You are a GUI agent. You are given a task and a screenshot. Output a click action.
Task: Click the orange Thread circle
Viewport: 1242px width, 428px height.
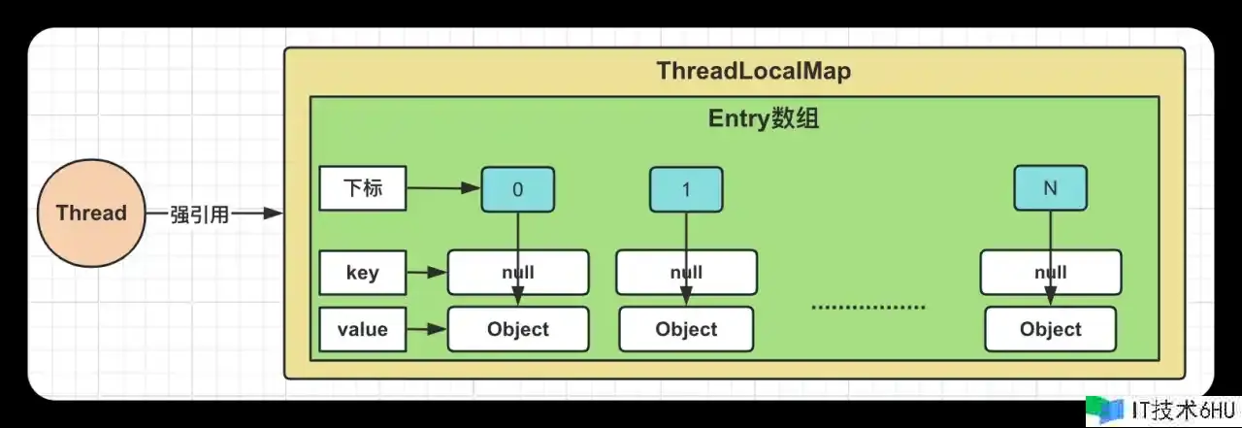90,214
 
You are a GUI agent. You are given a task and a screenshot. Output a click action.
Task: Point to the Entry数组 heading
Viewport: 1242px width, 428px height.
765,119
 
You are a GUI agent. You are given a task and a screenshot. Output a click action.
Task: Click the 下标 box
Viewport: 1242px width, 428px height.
362,188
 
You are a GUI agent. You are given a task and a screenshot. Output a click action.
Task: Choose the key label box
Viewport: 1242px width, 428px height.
362,273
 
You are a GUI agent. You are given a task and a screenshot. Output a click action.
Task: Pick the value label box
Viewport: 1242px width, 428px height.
362,329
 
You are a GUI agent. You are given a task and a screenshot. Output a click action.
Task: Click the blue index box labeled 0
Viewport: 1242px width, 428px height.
517,189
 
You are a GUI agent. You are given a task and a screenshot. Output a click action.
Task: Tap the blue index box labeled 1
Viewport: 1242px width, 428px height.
686,189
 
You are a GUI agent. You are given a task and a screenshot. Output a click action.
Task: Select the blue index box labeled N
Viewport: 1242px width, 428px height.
1050,188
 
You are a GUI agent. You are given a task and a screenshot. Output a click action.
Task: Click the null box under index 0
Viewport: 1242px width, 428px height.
517,273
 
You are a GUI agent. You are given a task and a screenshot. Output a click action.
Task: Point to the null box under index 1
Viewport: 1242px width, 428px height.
686,273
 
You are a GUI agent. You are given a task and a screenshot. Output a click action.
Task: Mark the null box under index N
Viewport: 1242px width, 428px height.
1050,273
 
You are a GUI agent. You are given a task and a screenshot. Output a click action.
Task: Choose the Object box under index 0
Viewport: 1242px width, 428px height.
517,329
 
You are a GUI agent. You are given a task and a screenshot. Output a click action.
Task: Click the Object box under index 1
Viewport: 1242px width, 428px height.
686,329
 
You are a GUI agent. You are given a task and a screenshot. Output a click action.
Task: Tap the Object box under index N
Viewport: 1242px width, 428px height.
1050,329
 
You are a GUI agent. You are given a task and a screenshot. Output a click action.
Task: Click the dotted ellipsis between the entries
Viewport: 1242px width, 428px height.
867,307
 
